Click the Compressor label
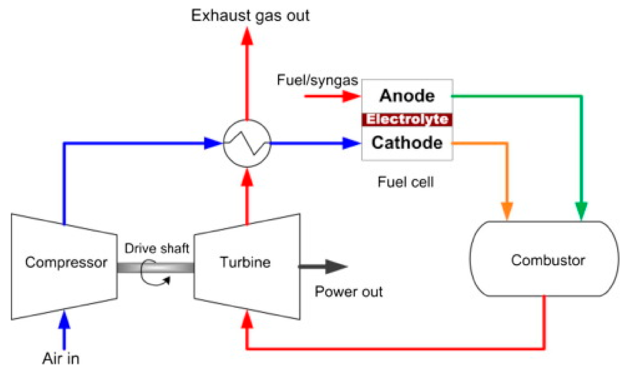click(66, 262)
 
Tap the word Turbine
click(245, 262)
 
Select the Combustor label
click(548, 260)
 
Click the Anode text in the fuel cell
click(407, 96)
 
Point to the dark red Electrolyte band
click(407, 119)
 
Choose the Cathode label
click(407, 143)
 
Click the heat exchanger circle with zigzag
click(247, 143)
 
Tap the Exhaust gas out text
click(250, 16)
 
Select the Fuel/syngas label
click(317, 80)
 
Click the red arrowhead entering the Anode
click(351, 96)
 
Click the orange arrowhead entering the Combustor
click(507, 210)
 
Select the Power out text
click(349, 292)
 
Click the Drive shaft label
click(156, 248)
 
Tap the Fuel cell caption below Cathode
click(406, 182)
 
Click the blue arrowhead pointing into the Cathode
click(351, 143)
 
